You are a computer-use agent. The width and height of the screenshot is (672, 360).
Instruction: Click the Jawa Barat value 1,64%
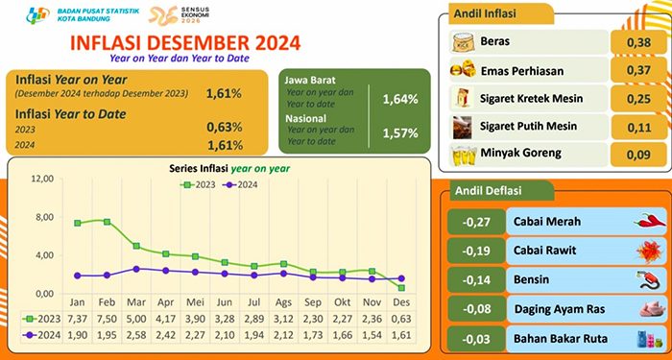click(x=399, y=99)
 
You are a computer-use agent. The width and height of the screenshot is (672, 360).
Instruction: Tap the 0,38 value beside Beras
click(x=633, y=42)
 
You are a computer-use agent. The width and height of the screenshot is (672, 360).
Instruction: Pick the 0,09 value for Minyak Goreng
click(x=633, y=153)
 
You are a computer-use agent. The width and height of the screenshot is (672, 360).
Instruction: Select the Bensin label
click(x=529, y=280)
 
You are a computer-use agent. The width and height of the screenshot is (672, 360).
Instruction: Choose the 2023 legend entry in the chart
click(x=204, y=183)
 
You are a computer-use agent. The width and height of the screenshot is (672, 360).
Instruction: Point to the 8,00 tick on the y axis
click(x=40, y=218)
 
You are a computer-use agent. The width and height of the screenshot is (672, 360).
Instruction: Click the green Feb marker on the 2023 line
click(x=107, y=222)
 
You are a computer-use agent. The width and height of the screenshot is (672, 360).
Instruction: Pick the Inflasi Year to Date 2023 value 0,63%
click(x=223, y=129)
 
